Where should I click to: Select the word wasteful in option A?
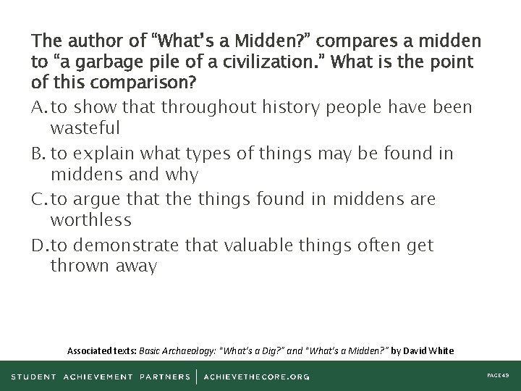point(85,128)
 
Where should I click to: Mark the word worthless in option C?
point(91,219)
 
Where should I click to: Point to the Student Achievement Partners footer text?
point(101,376)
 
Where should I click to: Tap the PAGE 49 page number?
point(498,376)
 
